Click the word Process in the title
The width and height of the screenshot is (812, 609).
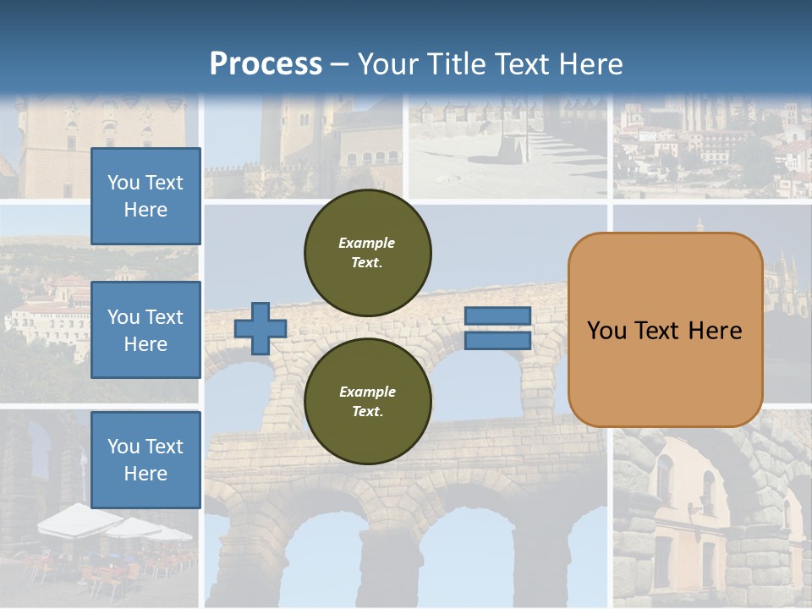coord(266,64)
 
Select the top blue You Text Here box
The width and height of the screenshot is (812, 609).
coord(145,196)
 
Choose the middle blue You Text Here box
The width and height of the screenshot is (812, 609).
coord(145,330)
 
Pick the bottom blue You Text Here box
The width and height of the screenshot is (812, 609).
coord(145,460)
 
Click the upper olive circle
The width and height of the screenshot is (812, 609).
coord(368,253)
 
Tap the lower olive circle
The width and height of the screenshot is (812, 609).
coord(368,402)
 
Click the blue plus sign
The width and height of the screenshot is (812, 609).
coord(261,328)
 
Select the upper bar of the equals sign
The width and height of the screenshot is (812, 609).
coord(498,316)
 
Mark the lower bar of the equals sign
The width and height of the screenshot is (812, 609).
coord(498,340)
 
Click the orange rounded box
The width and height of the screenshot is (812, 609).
coord(666,330)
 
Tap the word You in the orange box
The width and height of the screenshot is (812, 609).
coord(606,331)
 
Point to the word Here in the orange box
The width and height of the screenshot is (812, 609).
coord(716,331)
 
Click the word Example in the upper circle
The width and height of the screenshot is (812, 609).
coord(367,243)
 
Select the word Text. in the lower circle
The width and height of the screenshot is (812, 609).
coord(367,412)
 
